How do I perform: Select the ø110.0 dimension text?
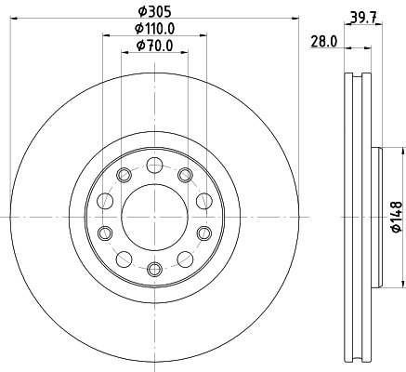(x=153, y=28)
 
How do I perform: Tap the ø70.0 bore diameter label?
(x=153, y=45)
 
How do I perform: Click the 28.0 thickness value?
(x=323, y=43)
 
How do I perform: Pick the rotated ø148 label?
(x=394, y=216)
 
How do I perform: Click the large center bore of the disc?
(x=153, y=217)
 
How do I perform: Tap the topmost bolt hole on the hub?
(x=153, y=166)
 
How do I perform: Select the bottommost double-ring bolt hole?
(x=153, y=268)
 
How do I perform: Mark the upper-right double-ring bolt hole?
(x=185, y=175)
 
